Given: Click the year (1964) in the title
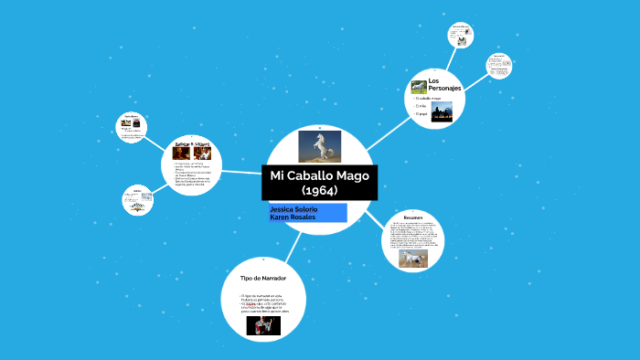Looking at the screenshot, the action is (319, 190).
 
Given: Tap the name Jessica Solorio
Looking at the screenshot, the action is (293, 209).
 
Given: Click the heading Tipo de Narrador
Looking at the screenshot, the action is (263, 277).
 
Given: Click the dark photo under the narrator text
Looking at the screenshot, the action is (263, 325).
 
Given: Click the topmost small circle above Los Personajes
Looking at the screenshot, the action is (460, 36).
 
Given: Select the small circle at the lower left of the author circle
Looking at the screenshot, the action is (137, 200).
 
